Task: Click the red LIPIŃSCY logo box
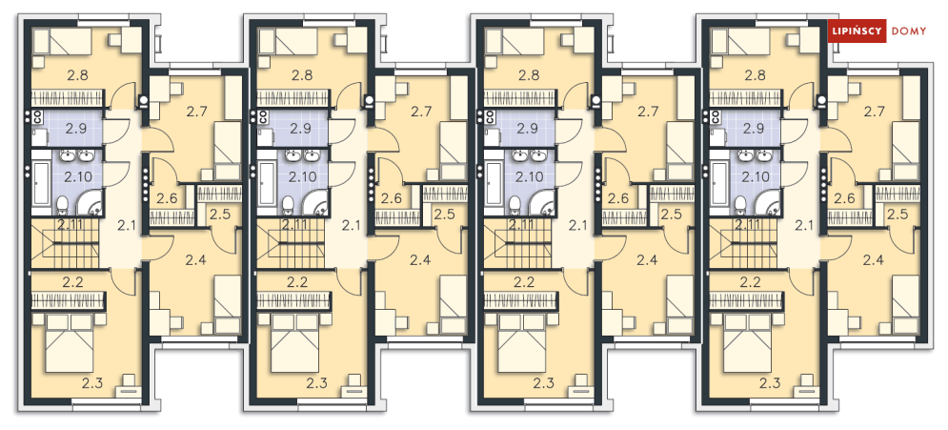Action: tap(857, 31)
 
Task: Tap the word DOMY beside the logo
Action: tap(909, 31)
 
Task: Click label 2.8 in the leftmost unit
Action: tap(79, 75)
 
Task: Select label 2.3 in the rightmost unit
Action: tap(771, 382)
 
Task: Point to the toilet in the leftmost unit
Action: tap(62, 206)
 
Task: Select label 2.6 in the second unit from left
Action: tap(392, 197)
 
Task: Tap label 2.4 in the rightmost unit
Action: tap(873, 260)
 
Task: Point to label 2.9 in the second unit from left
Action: tap(300, 128)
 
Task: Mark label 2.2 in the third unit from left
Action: tap(524, 281)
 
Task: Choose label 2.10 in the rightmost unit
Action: tap(756, 176)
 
